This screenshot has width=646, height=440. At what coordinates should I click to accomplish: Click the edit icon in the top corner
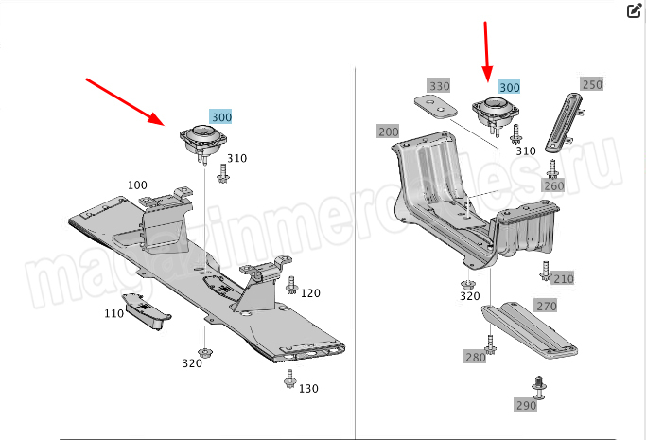[634, 10]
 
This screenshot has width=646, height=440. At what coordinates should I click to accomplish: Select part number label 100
[137, 185]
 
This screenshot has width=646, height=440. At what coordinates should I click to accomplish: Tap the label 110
[114, 313]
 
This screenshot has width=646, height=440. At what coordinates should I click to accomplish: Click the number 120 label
[310, 293]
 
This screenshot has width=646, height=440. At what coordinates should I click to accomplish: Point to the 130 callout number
[308, 389]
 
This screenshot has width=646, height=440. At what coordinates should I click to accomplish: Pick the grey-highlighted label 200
[389, 132]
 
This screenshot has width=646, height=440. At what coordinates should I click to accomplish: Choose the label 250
[592, 84]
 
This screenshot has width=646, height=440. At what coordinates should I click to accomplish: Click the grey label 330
[439, 86]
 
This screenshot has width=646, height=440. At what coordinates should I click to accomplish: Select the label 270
[547, 306]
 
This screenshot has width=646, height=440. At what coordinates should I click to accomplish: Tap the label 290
[526, 405]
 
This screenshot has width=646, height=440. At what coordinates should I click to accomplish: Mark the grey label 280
[476, 357]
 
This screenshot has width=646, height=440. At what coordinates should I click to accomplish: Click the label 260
[553, 185]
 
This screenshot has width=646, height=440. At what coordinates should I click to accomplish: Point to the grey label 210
[563, 279]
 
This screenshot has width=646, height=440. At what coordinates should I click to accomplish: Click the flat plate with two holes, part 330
[436, 107]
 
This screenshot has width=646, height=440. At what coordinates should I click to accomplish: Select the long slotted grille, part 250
[564, 122]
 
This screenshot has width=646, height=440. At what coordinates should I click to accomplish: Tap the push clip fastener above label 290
[538, 387]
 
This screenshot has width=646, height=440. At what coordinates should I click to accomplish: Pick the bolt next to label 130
[290, 378]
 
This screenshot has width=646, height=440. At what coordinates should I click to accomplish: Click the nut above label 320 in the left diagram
[204, 353]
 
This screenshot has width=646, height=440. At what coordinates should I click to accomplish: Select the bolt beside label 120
[292, 285]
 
